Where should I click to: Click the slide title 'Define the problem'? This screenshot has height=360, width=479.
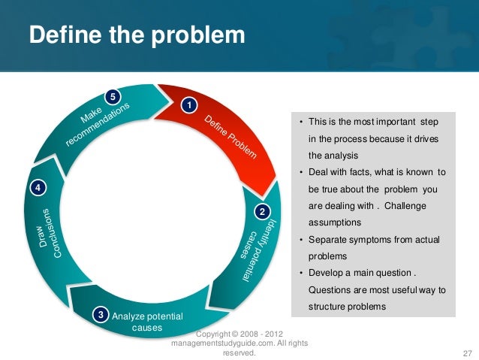[x=137, y=35]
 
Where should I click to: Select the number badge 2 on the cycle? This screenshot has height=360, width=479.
[x=261, y=212]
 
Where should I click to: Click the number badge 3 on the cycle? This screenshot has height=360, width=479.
[x=100, y=313]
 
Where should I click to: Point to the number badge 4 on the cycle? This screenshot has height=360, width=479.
[x=36, y=186]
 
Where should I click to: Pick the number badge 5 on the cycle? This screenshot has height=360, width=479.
[x=113, y=97]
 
